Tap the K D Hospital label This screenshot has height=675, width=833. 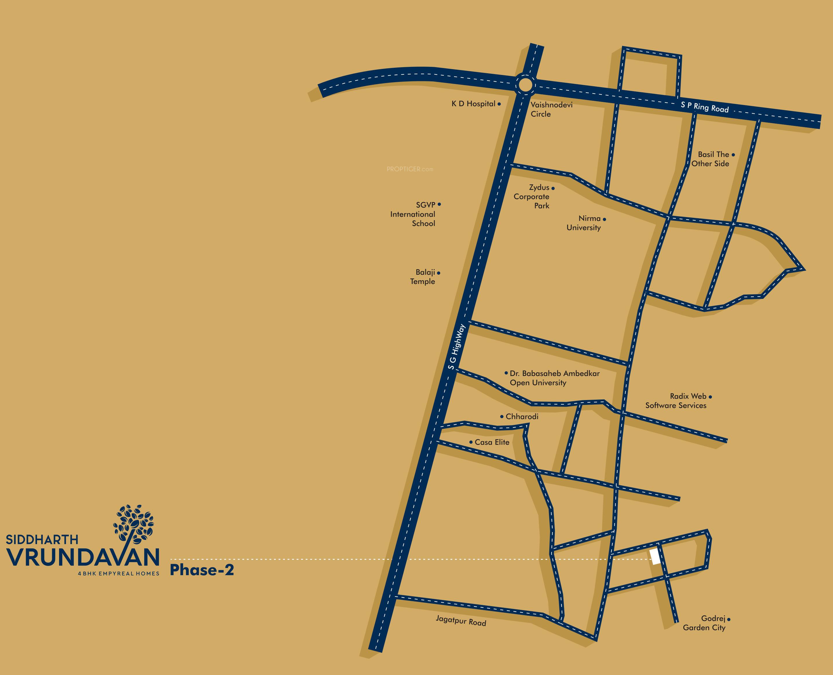click(473, 104)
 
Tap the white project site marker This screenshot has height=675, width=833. click(655, 556)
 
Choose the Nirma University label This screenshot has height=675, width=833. click(583, 223)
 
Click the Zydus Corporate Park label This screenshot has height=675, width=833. click(532, 197)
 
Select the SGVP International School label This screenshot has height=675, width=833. click(413, 214)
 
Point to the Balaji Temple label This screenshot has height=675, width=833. click(423, 277)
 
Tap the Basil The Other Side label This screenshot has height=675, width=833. click(710, 159)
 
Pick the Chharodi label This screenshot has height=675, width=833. click(522, 417)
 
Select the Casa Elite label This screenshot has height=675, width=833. click(492, 442)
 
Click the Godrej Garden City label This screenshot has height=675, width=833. click(704, 623)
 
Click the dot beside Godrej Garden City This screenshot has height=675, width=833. click(729, 619)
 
